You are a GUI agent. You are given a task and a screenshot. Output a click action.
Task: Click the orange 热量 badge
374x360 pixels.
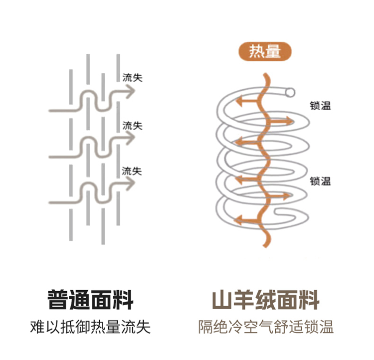click(x=264, y=52)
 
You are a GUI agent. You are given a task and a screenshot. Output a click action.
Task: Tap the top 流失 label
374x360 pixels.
click(x=132, y=77)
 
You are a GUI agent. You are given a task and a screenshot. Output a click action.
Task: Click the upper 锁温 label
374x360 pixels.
click(x=320, y=105)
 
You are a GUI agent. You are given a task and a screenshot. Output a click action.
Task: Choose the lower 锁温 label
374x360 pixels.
click(x=320, y=181)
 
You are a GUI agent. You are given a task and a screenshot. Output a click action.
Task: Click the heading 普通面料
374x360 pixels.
click(x=90, y=301)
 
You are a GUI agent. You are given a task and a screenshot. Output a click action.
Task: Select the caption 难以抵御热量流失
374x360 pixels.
click(x=90, y=327)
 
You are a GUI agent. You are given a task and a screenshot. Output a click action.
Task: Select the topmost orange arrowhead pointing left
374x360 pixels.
click(x=239, y=102)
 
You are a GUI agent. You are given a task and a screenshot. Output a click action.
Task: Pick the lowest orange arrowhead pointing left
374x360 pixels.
click(x=239, y=219)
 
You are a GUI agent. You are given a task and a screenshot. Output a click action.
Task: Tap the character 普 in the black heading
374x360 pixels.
click(x=58, y=301)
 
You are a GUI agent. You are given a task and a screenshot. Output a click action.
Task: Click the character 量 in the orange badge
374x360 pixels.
click(x=273, y=52)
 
